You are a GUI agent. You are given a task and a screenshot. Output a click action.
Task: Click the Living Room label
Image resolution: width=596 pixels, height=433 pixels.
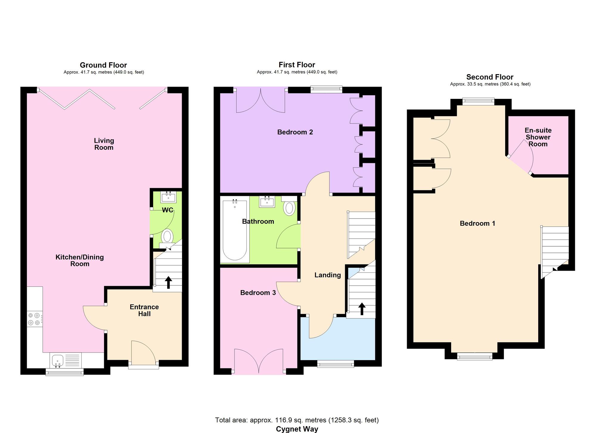point(104,144)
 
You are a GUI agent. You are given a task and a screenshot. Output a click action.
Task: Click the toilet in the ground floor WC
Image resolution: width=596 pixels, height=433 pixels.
point(167,237)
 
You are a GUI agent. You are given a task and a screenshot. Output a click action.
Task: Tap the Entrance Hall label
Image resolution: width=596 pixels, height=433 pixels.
point(144,310)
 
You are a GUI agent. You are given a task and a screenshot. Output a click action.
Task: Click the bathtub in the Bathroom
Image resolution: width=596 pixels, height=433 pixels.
point(235,230)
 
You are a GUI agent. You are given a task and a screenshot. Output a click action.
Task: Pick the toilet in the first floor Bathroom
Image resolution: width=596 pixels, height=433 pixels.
point(289,207)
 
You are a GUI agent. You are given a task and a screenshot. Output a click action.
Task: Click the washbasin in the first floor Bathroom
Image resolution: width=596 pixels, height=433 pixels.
point(267,202)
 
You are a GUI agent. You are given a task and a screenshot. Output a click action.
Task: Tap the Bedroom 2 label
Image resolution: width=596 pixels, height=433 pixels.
point(295,132)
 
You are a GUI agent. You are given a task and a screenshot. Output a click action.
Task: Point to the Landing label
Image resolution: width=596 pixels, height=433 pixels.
point(328,275)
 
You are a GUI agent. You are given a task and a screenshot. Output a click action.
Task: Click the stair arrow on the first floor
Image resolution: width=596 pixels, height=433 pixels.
point(362,309)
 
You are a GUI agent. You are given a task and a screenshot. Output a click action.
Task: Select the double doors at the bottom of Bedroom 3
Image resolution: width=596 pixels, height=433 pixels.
point(259,361)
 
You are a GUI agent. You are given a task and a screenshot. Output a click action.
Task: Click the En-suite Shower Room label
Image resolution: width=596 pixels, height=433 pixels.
point(538,137)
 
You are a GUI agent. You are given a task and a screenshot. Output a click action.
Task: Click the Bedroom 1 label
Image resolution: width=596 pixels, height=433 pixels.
point(477,223)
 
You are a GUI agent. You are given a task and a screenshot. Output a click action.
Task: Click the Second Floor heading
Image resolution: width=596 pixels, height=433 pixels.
point(490,77)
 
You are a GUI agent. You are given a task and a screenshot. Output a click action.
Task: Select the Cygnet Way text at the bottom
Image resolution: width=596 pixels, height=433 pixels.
point(297,429)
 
